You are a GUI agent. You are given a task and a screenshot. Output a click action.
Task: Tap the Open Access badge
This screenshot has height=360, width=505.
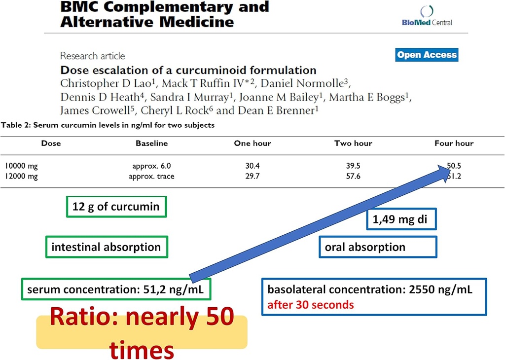pos(427,55)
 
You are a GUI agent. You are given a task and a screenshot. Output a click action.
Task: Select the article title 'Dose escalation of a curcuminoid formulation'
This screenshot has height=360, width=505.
pos(188,70)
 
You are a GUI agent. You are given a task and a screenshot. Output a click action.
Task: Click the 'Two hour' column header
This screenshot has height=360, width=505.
pos(353,144)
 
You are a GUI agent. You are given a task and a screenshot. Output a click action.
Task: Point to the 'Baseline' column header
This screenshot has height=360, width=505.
pos(151,144)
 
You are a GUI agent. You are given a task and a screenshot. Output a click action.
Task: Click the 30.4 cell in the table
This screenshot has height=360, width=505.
pos(252,167)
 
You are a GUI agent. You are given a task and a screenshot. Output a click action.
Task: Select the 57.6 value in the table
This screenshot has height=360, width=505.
pos(353,177)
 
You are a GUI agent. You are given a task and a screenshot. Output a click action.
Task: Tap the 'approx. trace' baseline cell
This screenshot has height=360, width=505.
pos(150,177)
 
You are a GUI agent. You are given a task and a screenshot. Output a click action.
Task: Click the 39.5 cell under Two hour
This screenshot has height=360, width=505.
pos(353,167)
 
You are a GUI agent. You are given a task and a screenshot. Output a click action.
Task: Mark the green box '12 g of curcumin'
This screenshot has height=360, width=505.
pos(116,207)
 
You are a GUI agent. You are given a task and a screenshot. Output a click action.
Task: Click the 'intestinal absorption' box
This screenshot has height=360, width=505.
pos(106,247)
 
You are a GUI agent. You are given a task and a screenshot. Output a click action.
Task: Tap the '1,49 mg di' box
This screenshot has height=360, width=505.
pos(402,220)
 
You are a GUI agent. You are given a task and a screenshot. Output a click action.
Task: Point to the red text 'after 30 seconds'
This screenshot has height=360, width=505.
pos(311,304)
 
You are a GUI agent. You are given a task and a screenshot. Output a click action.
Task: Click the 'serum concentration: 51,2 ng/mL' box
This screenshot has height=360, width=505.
pos(116,289)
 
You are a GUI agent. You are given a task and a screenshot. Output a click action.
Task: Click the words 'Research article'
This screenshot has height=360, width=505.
pos(93,56)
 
